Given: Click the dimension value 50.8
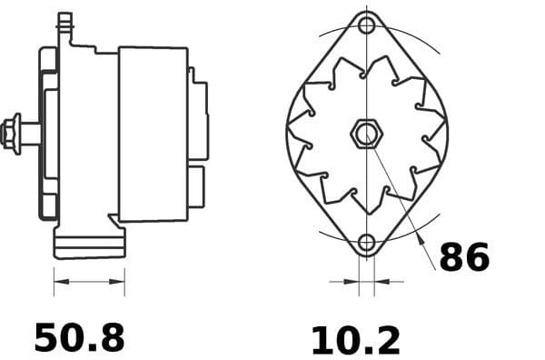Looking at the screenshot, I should pyautogui.click(x=79, y=337).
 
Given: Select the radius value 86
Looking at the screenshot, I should pyautogui.click(x=464, y=257).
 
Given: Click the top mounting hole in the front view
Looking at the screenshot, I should pyautogui.click(x=367, y=25).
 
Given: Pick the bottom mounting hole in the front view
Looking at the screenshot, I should pyautogui.click(x=366, y=243).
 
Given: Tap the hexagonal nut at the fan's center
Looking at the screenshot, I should pyautogui.click(x=365, y=135).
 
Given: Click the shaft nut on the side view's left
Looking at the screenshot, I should pyautogui.click(x=12, y=133).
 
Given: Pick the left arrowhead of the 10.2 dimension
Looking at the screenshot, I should pyautogui.click(x=353, y=282).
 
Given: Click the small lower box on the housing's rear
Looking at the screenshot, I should pyautogui.click(x=196, y=186).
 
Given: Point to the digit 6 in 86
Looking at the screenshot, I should pyautogui.click(x=477, y=257).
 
